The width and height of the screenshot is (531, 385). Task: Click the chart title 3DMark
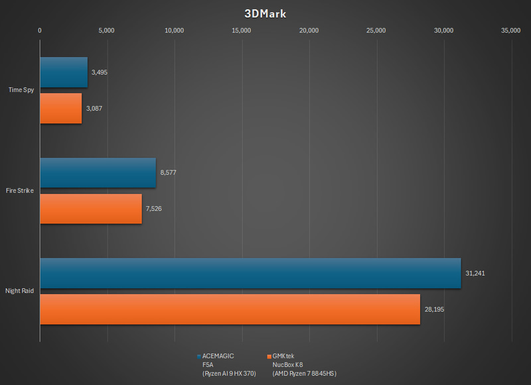pyautogui.click(x=265, y=13)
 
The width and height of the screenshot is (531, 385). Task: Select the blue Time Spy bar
pyautogui.click(x=64, y=72)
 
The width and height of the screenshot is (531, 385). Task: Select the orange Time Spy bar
pyautogui.click(x=61, y=108)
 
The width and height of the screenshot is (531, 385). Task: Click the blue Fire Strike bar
pyautogui.click(x=98, y=173)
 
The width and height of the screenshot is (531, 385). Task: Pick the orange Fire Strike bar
pyautogui.click(x=91, y=209)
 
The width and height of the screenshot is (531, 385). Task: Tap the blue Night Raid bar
pyautogui.click(x=250, y=273)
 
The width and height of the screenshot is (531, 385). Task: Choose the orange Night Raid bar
pyautogui.click(x=230, y=309)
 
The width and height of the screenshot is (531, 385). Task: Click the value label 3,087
pyautogui.click(x=94, y=108)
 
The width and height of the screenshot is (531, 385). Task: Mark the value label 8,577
pyautogui.click(x=168, y=173)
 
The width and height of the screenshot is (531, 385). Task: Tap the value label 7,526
pyautogui.click(x=154, y=209)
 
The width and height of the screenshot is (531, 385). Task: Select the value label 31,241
pyautogui.click(x=475, y=273)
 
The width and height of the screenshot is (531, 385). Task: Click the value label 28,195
pyautogui.click(x=435, y=309)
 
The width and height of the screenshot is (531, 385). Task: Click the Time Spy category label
pyautogui.click(x=21, y=90)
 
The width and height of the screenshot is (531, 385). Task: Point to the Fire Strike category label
pyautogui.click(x=21, y=191)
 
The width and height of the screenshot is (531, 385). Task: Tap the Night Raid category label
pyautogui.click(x=20, y=291)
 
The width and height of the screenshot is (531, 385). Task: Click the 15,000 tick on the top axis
pyautogui.click(x=242, y=30)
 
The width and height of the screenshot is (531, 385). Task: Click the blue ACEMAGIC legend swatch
pyautogui.click(x=198, y=356)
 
